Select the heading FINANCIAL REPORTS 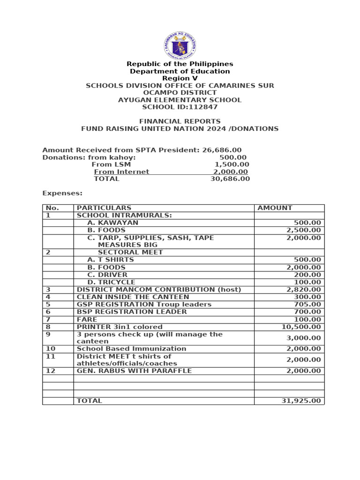[x=180, y=121]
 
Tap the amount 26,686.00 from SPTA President [x=222, y=150]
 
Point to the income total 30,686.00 [x=230, y=179]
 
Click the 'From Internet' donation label [x=121, y=172]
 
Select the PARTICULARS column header [x=104, y=208]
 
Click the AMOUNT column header [x=275, y=208]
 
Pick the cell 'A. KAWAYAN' [x=112, y=223]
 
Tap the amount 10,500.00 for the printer [x=301, y=327]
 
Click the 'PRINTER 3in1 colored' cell [x=120, y=327]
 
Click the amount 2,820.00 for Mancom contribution [x=304, y=290]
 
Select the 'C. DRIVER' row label [x=107, y=275]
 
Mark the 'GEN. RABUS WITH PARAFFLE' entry [x=134, y=371]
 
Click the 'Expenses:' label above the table [x=62, y=193]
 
